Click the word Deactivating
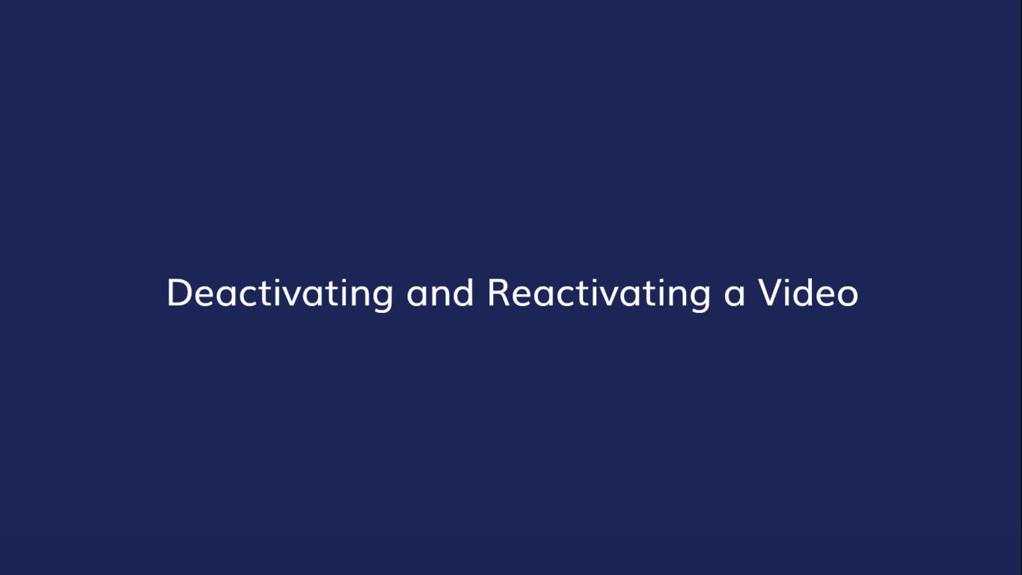pos(280,293)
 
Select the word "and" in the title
pos(440,293)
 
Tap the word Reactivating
pos(599,293)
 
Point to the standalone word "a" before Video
pos(735,295)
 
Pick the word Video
pos(809,293)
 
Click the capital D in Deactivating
pos(178,293)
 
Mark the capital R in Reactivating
pos(498,293)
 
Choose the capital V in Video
pos(771,293)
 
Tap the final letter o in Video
pos(848,295)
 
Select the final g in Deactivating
pos(382,297)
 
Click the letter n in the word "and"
pos(441,295)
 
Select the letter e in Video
pos(826,295)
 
